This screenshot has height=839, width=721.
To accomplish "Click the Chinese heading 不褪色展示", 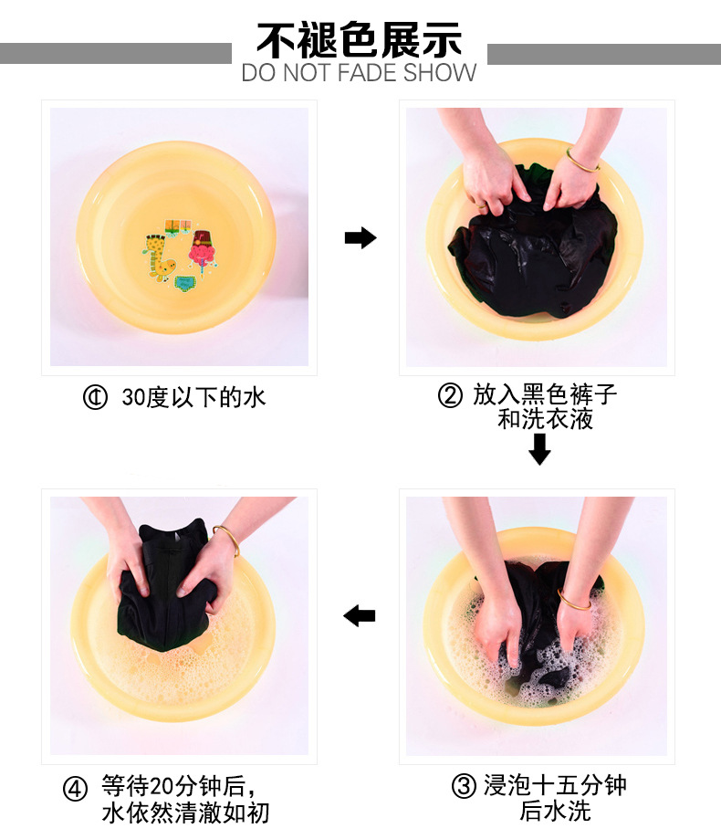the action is tap(359, 39).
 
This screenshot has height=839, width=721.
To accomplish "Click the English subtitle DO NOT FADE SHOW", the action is tap(359, 73).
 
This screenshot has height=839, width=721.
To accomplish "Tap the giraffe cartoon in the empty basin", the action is tap(159, 257).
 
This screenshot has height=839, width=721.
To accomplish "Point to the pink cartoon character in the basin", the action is tap(203, 249).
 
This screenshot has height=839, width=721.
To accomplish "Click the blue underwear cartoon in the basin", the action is tap(186, 284).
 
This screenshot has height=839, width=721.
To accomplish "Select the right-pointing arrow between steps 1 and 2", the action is tap(360, 237).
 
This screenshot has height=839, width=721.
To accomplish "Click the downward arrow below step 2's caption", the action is tap(539, 449).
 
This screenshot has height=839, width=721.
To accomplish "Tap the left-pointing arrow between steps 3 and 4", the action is tap(359, 616).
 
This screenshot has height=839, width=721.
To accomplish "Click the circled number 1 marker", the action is tap(95, 397).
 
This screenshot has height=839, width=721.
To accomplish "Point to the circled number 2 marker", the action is tap(450, 395).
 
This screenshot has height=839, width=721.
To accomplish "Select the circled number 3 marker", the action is tap(464, 786).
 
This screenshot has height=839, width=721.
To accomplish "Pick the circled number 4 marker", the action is tap(75, 789).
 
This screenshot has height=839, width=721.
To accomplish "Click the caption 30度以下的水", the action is tap(193, 397).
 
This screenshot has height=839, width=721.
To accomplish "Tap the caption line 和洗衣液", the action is tap(545, 419).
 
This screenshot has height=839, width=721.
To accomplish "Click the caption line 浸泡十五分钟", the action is tap(555, 785).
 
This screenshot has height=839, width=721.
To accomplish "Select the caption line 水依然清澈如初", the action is tap(185, 813).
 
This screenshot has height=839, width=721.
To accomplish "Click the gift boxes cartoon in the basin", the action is tap(178, 226).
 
